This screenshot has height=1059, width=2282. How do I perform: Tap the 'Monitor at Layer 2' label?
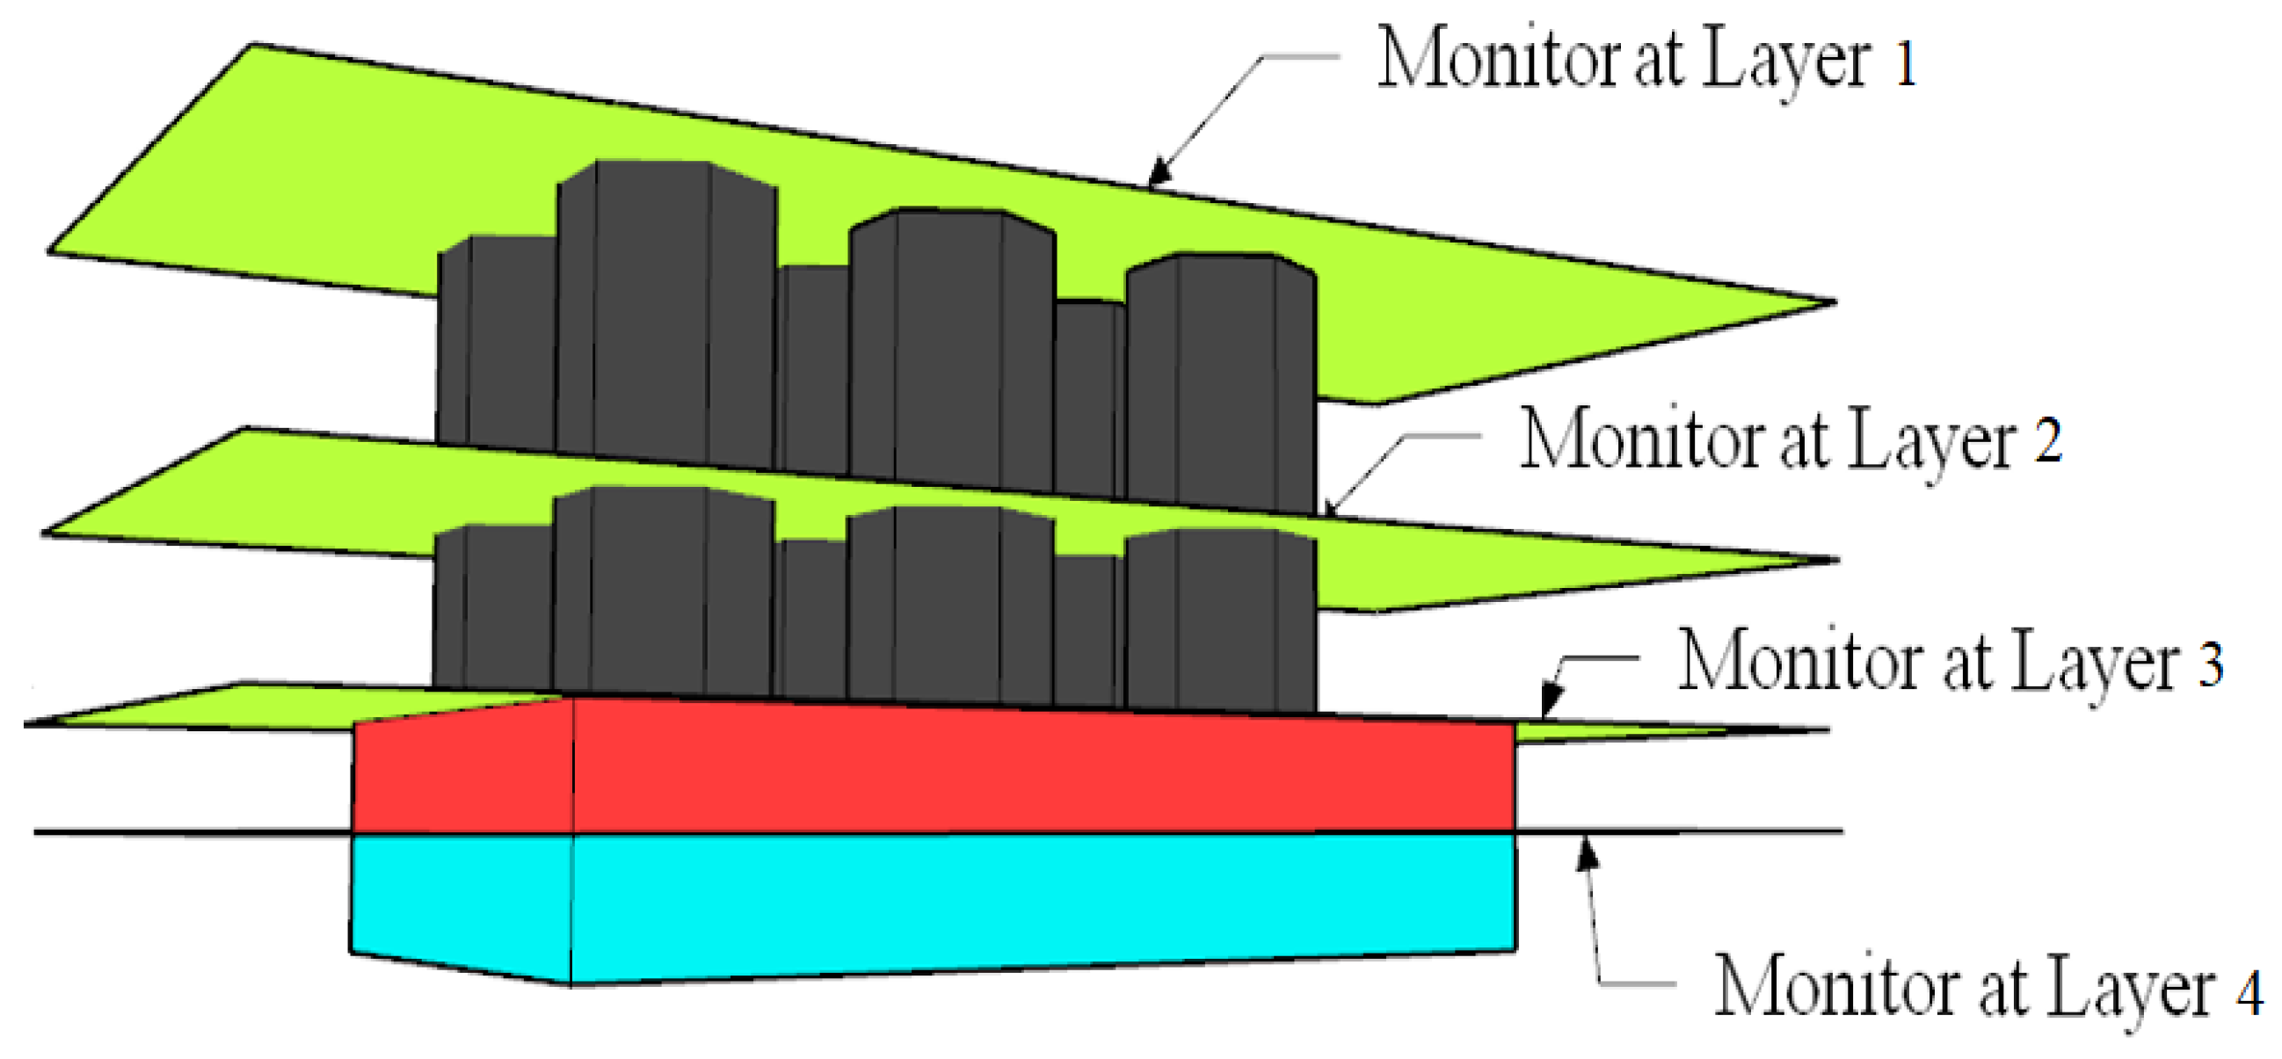coord(1790,440)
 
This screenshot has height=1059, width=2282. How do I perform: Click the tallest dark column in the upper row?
coord(665,310)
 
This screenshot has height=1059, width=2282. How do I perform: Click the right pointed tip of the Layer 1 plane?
coord(1832,302)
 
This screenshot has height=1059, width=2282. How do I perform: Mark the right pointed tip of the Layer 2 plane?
coord(1835,560)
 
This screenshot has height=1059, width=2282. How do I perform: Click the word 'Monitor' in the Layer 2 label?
coord(1630,440)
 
